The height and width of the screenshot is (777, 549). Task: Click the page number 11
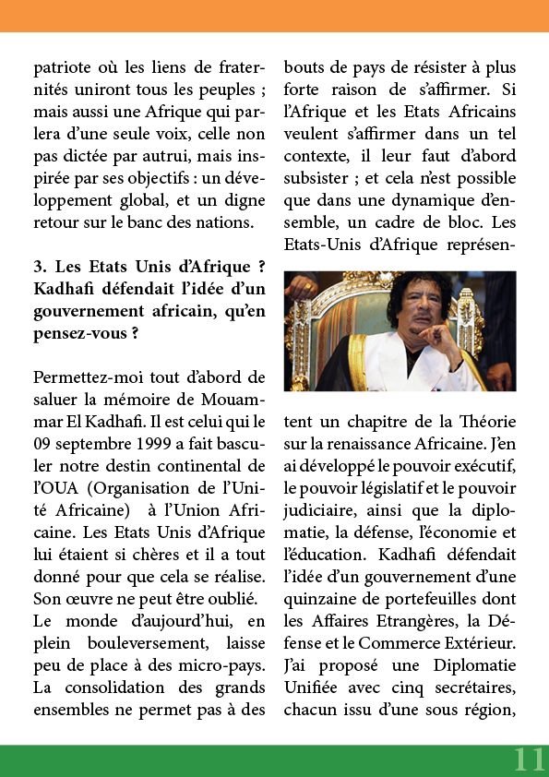point(529,759)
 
